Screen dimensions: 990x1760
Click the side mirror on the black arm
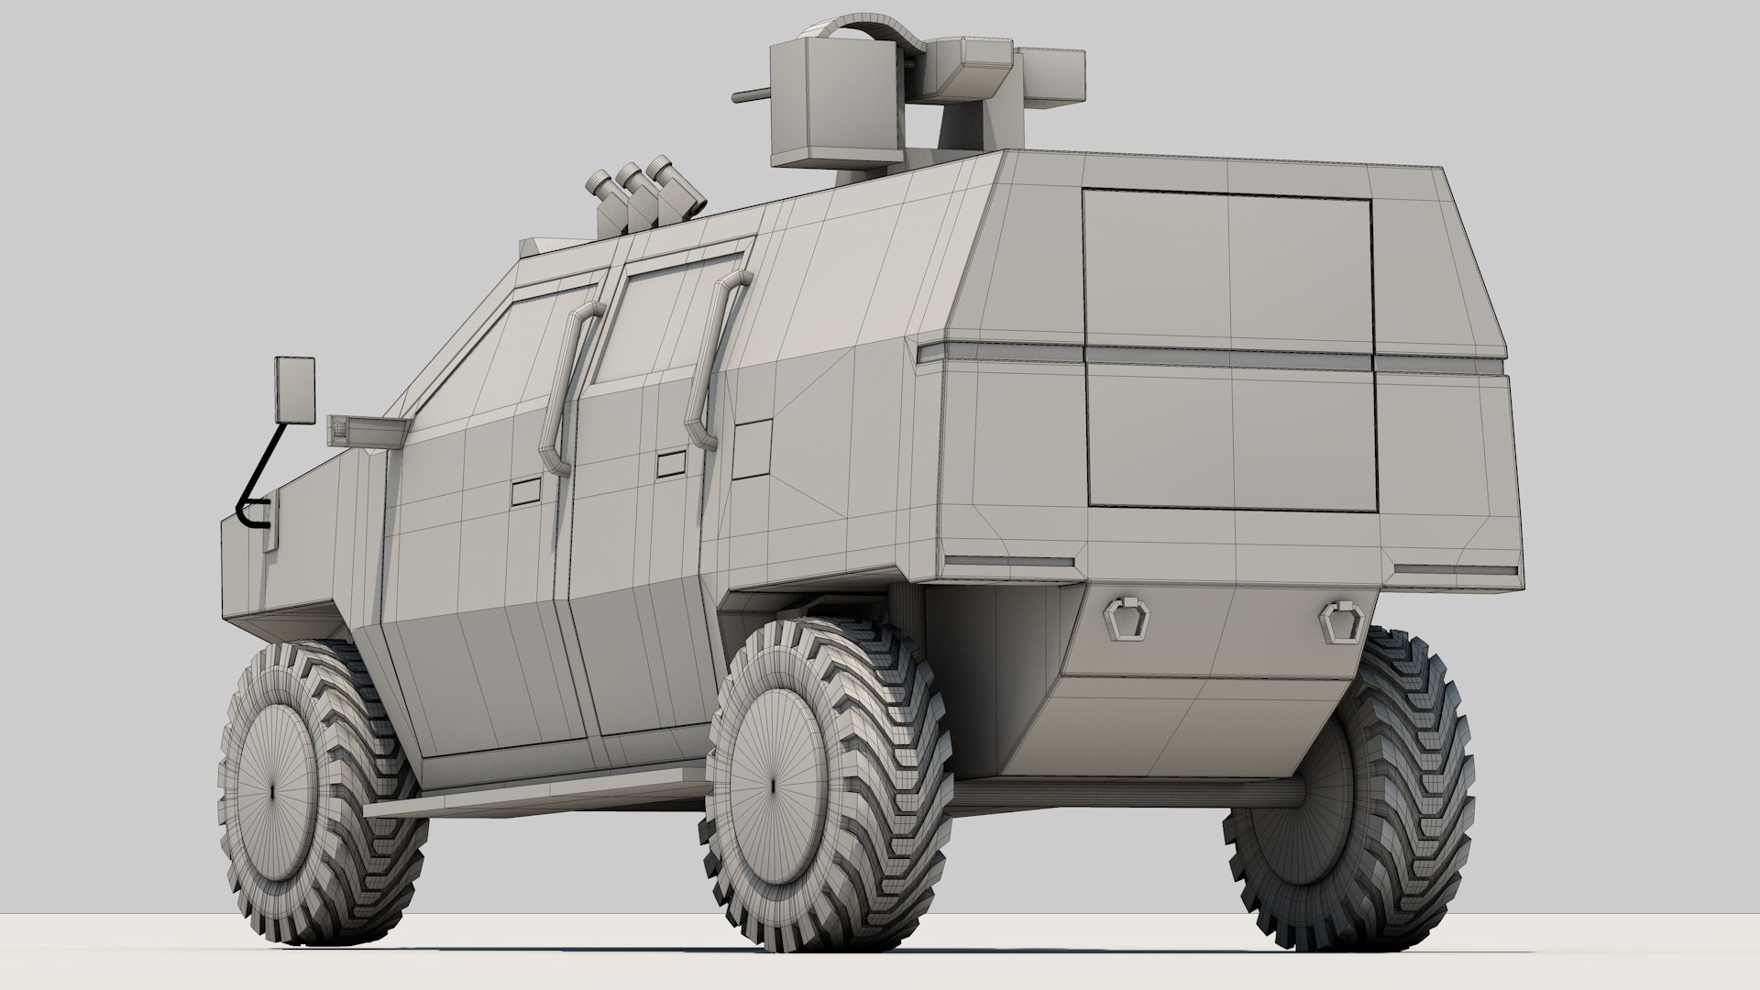[x=295, y=390]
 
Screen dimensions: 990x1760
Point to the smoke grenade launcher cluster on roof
[x=642, y=197]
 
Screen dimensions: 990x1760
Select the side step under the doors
[x=532, y=793]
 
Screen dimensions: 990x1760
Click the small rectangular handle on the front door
[x=525, y=493]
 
